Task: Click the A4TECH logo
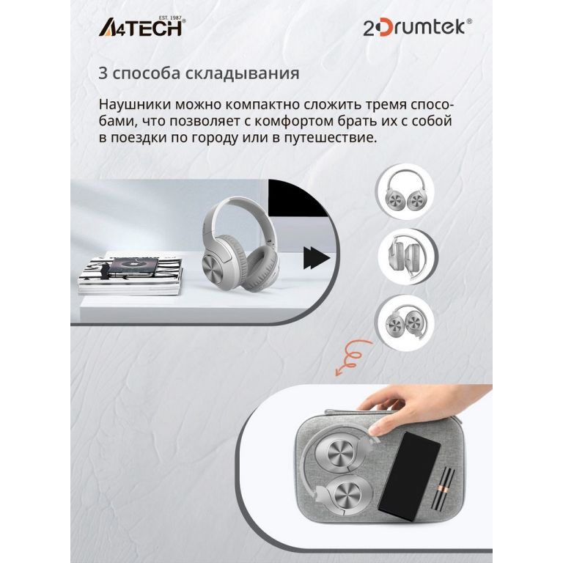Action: (141, 26)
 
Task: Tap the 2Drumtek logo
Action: (418, 28)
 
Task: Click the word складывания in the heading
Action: (243, 73)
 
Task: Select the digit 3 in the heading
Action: (103, 73)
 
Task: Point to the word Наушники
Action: (135, 105)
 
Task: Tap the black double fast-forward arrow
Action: (317, 258)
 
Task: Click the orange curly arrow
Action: (352, 358)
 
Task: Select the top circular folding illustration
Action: (405, 191)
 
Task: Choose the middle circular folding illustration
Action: (408, 257)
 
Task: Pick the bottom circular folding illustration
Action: (405, 322)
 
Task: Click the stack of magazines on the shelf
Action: (130, 276)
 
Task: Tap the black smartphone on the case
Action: (410, 476)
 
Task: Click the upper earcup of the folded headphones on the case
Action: (339, 451)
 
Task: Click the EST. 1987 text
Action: (170, 18)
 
